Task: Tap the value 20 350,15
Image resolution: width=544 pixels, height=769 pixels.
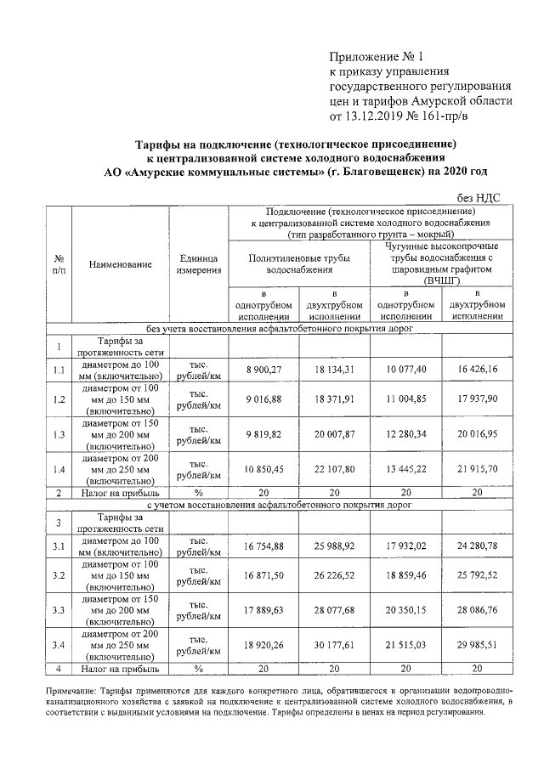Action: tap(404, 610)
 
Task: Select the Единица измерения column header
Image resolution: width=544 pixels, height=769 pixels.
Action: tap(199, 264)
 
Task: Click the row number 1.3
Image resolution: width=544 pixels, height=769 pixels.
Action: tap(59, 434)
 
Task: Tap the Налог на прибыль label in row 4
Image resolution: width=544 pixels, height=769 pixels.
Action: tap(120, 669)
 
